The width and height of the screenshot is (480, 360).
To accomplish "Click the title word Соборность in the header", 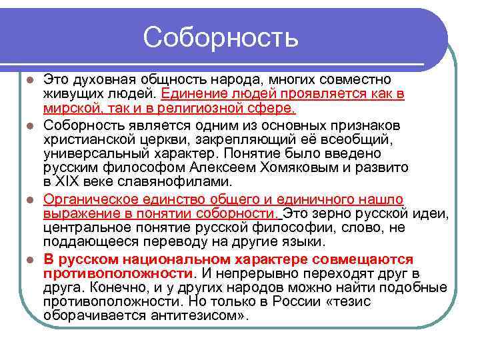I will tap(221, 37).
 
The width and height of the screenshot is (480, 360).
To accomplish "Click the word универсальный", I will tap(93, 153).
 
